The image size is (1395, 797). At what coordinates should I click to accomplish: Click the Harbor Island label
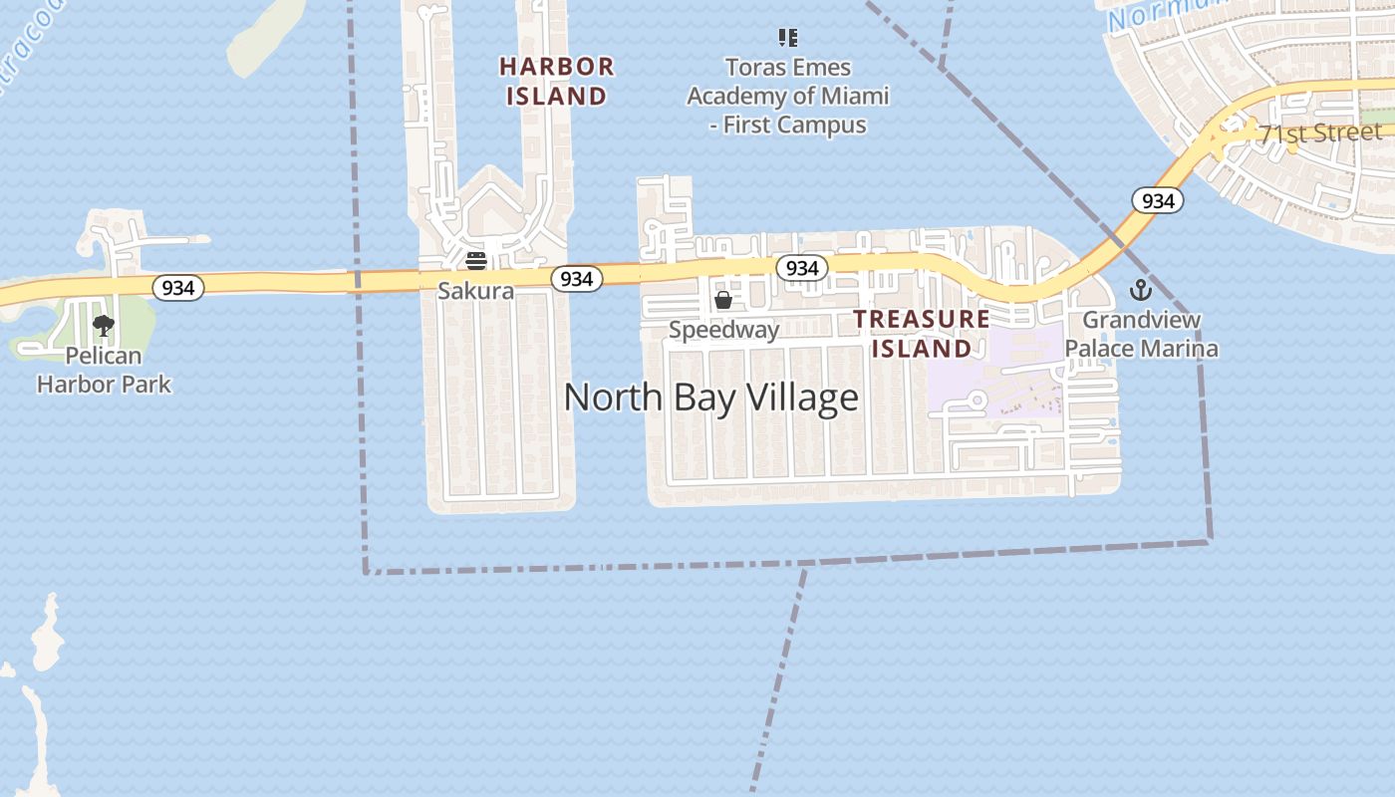556,82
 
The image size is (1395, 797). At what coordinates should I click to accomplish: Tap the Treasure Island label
922,334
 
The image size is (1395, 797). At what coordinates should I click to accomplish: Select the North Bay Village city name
710,398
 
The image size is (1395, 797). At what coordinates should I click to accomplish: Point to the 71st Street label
1320,133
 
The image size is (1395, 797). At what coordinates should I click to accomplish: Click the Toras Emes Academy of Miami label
787,97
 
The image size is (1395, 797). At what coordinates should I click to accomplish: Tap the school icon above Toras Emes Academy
788,38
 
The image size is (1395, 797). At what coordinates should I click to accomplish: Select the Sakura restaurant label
476,291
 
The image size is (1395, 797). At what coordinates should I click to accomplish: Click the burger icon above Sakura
476,261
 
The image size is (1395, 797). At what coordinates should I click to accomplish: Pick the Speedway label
723,330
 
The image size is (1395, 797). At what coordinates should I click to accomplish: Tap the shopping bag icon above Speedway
723,300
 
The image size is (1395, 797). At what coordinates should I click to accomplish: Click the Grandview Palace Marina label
1141,334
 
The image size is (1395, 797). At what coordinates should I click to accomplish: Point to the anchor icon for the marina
1141,291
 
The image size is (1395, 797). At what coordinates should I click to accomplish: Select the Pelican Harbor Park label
104,370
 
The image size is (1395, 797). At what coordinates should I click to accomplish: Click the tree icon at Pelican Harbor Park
104,325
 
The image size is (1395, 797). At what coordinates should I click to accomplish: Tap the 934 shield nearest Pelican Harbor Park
178,288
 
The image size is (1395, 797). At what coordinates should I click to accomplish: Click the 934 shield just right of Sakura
576,279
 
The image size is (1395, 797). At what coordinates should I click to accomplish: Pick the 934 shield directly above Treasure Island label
802,268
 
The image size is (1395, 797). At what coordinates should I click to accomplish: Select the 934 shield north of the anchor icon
1157,201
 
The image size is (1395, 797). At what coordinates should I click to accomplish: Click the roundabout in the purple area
976,400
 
